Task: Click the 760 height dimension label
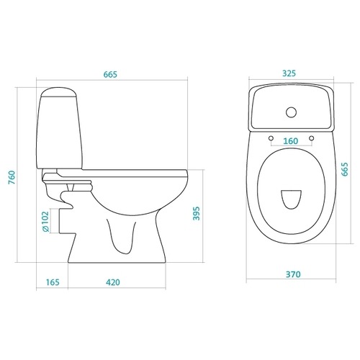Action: [12, 177]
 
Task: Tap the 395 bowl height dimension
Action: [197, 213]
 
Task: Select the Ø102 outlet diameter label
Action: [45, 222]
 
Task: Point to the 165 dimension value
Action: [53, 282]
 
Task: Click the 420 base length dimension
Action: [113, 282]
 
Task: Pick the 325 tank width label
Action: [289, 73]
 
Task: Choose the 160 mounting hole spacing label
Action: [291, 141]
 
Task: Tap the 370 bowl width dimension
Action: [293, 274]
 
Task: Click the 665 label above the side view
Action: [110, 74]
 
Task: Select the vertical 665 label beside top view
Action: [345, 169]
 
